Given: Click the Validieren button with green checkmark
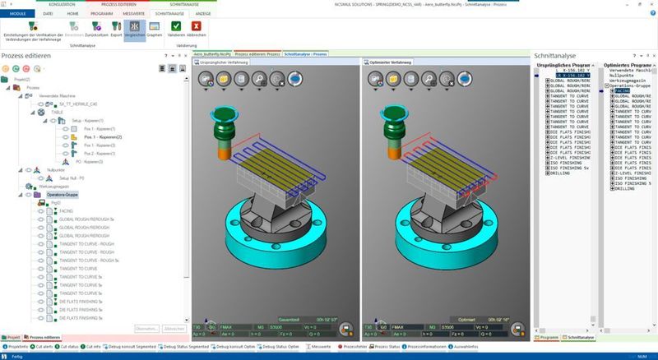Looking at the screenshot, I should [x=175, y=29].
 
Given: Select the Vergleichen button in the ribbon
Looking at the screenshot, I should [x=133, y=29].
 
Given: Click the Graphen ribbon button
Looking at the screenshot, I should [x=154, y=29].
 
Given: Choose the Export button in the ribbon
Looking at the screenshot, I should [x=116, y=29].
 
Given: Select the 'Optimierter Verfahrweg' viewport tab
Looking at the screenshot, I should [x=390, y=62].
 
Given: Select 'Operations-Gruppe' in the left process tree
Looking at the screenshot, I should [x=63, y=195].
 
